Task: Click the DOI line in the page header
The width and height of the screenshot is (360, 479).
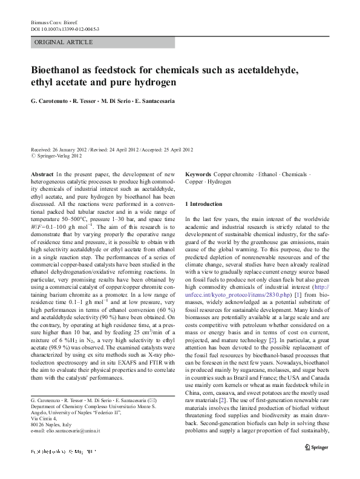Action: (65, 28)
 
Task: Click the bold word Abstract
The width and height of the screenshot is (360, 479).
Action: (41, 174)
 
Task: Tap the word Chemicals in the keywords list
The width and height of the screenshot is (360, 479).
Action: (295, 174)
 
